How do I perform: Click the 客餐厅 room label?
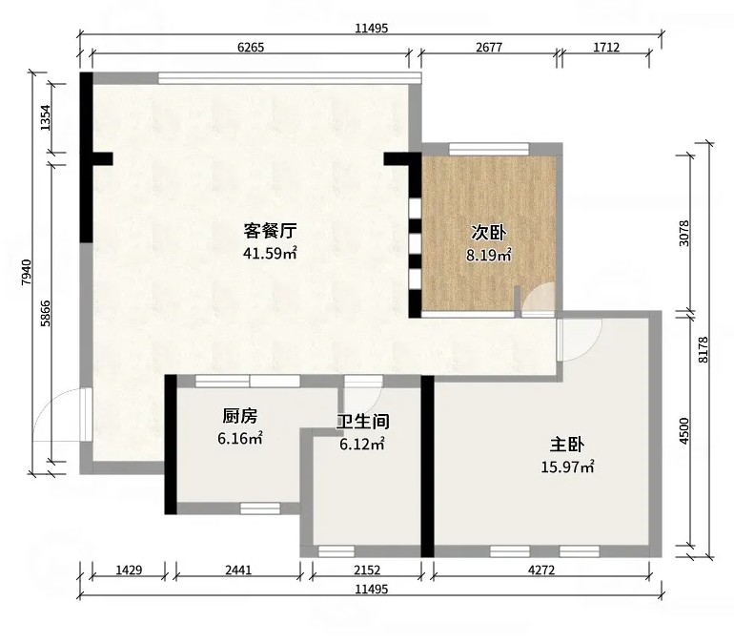pos(270,231)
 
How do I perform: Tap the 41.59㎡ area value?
pos(270,254)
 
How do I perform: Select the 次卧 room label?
pos(489,232)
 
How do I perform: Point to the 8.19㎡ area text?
pos(489,256)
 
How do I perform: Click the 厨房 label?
pos(239,415)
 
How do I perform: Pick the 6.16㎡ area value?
pos(239,439)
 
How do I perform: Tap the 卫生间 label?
pos(363,422)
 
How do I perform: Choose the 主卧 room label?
pos(567,445)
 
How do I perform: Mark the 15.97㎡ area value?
pos(567,467)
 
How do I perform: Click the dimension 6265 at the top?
pos(251,48)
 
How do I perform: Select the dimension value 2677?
pos(489,48)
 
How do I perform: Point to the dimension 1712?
pos(606,48)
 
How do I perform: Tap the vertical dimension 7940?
pos(27,272)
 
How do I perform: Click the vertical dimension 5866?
pos(46,313)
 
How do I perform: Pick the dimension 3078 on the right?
pos(683,233)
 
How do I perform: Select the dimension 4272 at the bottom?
pos(541,570)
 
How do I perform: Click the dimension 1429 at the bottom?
pos(129,570)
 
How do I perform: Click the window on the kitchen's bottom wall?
pos(260,508)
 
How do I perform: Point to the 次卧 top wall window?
pos(489,149)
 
